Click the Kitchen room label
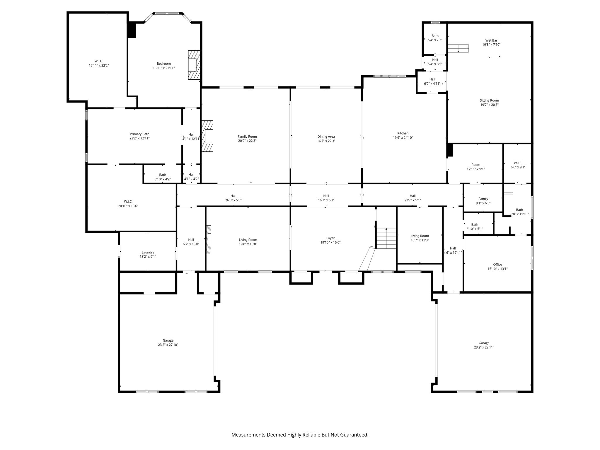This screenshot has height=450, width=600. click(x=403, y=133)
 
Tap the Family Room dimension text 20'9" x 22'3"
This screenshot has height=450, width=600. click(x=247, y=141)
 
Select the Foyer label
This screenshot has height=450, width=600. click(x=330, y=238)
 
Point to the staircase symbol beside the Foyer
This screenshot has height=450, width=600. click(x=386, y=238)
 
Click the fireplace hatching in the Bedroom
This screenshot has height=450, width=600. click(x=193, y=65)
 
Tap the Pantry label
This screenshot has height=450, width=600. click(x=483, y=199)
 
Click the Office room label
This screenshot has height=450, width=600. click(x=497, y=265)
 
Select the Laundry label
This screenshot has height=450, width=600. click(x=148, y=252)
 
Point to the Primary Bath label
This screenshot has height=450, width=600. click(x=139, y=134)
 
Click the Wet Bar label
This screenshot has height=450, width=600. click(x=491, y=40)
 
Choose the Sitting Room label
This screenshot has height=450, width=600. click(x=489, y=100)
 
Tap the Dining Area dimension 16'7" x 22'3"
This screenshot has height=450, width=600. click(x=326, y=141)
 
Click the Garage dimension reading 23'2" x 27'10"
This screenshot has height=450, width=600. click(x=168, y=345)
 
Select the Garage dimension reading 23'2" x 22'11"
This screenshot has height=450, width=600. click(x=484, y=347)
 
